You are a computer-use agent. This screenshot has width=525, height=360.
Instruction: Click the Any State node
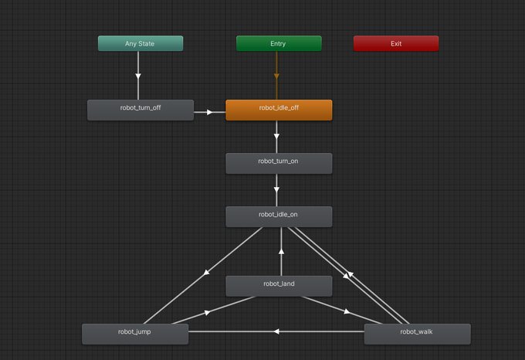[141, 44]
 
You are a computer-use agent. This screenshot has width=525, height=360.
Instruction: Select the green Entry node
[279, 44]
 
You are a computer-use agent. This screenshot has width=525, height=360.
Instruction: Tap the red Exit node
[395, 44]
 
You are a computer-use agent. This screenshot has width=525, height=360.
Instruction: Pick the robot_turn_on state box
[279, 163]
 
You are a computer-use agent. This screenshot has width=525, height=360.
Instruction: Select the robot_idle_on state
[279, 216]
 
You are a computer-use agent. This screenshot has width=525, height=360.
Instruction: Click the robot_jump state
[135, 334]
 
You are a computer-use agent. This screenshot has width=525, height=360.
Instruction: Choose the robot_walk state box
[417, 334]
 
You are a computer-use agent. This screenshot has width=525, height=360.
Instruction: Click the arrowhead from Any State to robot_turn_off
[138, 76]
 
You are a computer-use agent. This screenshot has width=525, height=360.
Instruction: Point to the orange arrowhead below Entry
[276, 76]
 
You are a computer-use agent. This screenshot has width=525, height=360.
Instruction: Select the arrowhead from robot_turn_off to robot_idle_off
[209, 112]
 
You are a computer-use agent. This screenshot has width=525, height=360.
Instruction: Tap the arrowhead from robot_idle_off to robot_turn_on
[276, 136]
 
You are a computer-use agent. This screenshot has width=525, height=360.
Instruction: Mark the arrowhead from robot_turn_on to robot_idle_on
[276, 189]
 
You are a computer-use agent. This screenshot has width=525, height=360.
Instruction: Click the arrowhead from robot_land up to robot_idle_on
[282, 251]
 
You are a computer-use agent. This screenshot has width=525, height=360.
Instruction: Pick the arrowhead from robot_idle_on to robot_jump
[206, 272]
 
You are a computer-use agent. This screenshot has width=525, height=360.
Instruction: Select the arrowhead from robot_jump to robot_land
[207, 312]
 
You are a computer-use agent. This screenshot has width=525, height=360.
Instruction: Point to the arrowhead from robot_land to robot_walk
[347, 311]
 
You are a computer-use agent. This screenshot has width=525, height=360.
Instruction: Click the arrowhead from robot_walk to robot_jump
[276, 331]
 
